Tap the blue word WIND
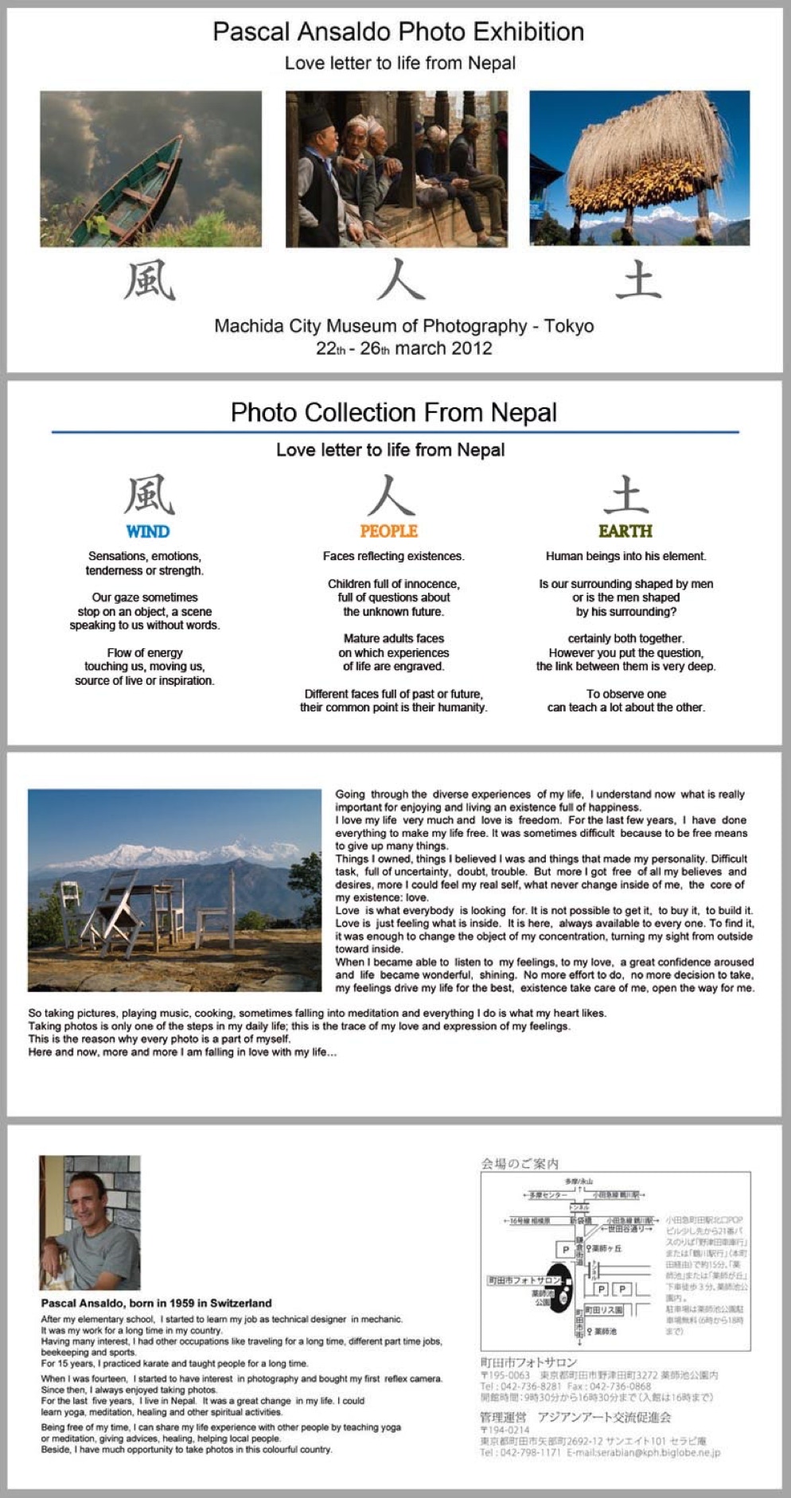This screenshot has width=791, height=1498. click(x=147, y=531)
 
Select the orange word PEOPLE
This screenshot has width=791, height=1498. click(x=388, y=531)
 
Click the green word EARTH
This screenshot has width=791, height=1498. click(x=625, y=531)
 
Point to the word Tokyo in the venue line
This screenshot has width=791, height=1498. click(x=568, y=326)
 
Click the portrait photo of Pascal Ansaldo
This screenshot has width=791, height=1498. click(x=90, y=1222)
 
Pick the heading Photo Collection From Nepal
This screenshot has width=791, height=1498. click(x=394, y=412)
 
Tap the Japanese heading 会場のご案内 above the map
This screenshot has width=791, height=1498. click(x=520, y=1164)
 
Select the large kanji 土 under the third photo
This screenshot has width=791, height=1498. click(x=638, y=281)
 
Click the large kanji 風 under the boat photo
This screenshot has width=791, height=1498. click(x=150, y=281)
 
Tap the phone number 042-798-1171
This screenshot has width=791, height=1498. click(x=532, y=1453)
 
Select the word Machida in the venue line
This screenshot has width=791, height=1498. click(x=247, y=326)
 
